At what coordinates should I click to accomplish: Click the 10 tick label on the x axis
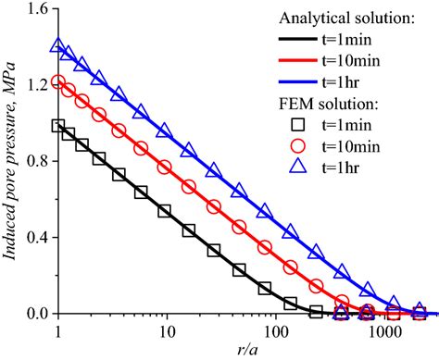(x=167, y=329)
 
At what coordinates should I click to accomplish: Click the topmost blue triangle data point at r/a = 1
(x=58, y=44)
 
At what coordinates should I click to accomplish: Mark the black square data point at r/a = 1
(x=58, y=126)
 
